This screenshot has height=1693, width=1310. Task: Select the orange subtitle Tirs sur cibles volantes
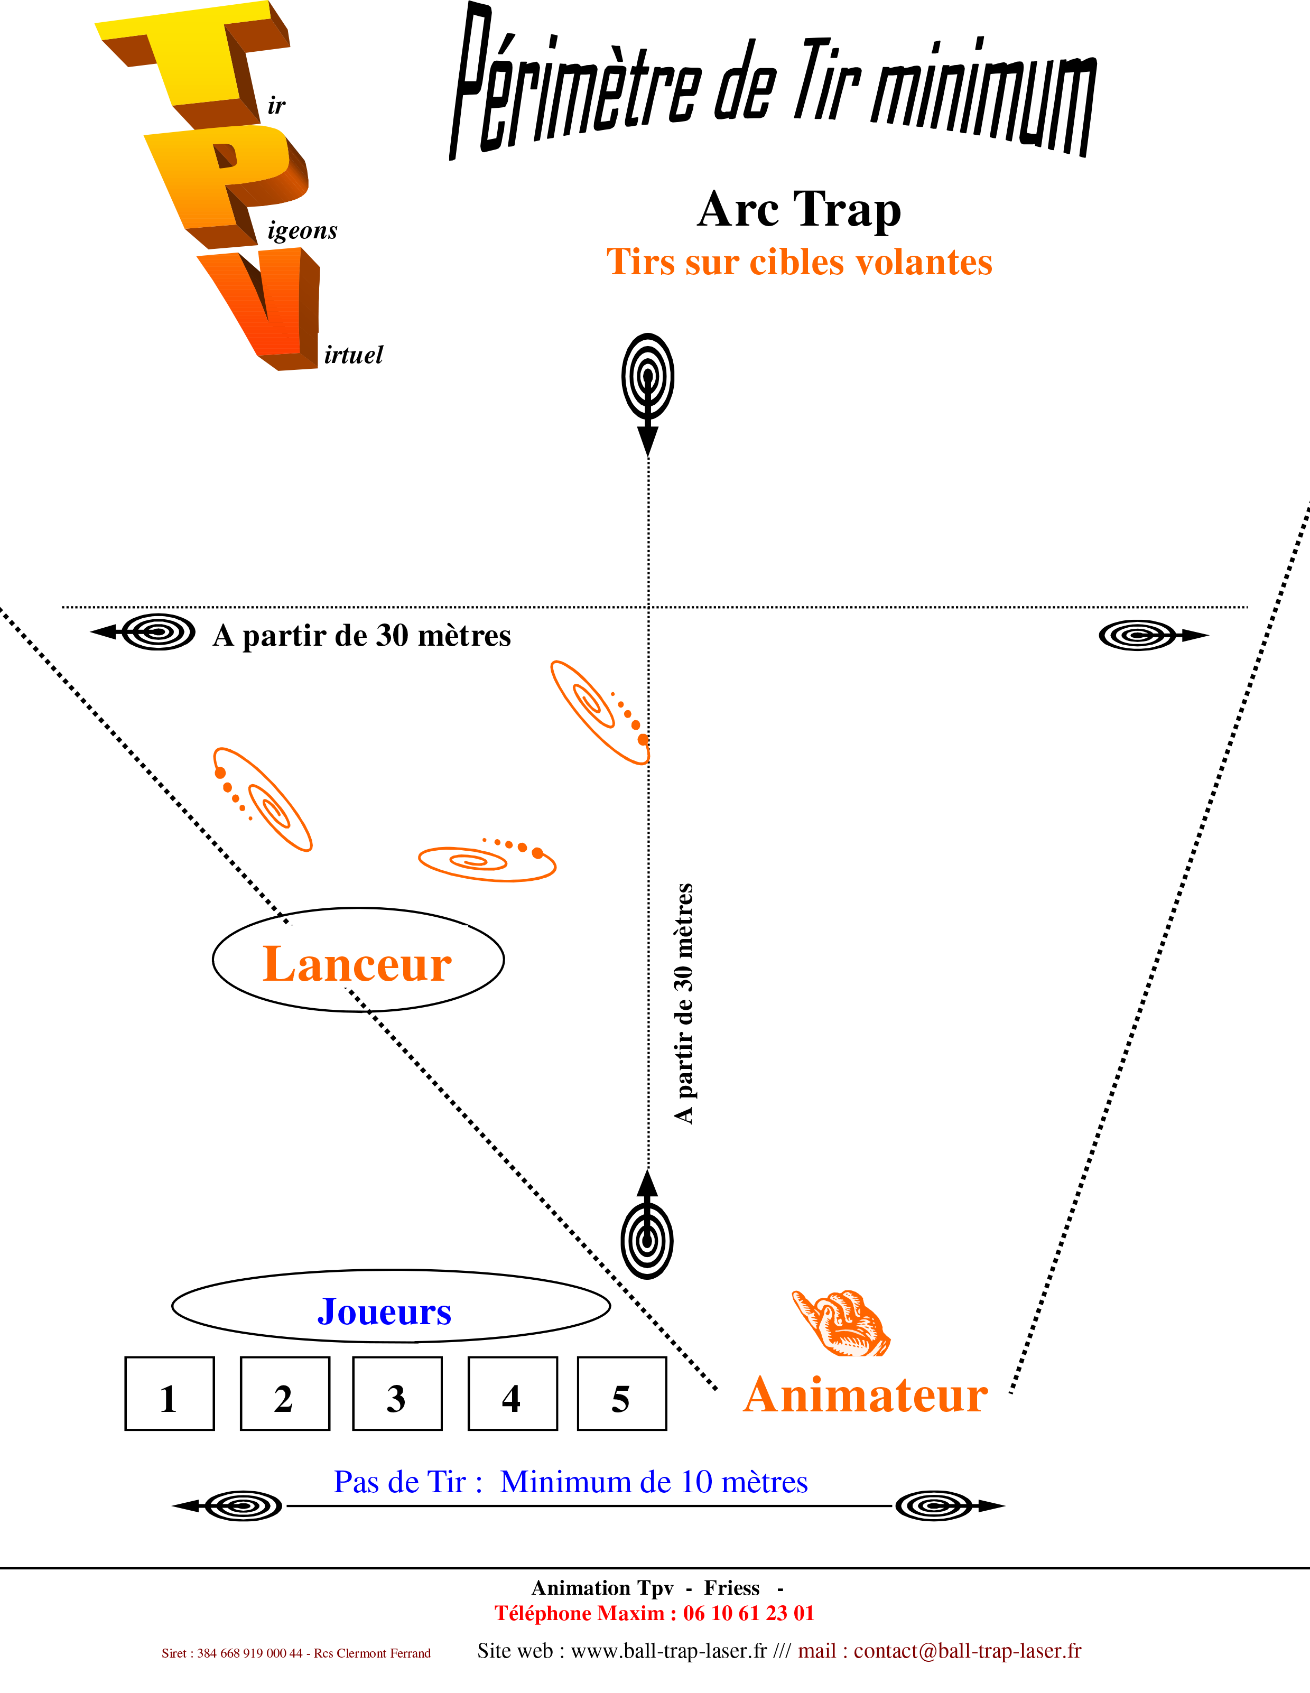(x=798, y=262)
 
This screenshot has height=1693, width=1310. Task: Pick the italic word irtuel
(x=352, y=355)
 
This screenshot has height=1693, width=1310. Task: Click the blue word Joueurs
(x=385, y=1311)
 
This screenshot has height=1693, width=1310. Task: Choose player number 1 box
(x=176, y=1394)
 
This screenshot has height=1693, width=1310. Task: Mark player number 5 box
(x=629, y=1394)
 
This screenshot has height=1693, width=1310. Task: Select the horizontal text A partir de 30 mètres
(x=362, y=636)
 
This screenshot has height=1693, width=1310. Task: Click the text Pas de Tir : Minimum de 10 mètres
(x=571, y=1482)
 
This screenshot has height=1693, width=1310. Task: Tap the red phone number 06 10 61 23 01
(x=748, y=1613)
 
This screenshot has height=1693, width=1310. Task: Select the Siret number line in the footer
(x=295, y=1653)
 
